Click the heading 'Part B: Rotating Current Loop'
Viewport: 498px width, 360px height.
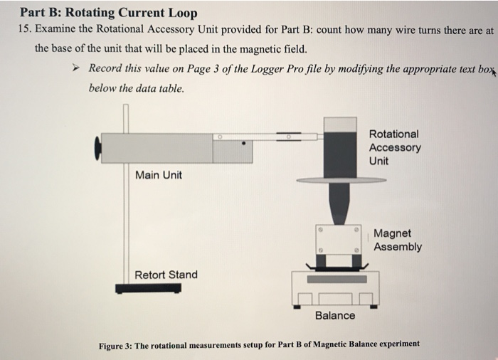click(x=108, y=13)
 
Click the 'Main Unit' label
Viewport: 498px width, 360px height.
click(x=158, y=174)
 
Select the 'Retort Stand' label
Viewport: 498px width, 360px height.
click(x=166, y=275)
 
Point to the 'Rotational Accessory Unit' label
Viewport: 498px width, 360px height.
click(x=394, y=147)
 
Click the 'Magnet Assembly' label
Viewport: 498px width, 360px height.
click(x=397, y=240)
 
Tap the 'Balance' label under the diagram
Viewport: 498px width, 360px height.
click(x=334, y=315)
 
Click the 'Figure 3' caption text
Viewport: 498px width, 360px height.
click(x=259, y=344)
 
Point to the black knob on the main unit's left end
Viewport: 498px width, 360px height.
click(x=97, y=147)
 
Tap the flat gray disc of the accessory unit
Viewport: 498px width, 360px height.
click(x=339, y=180)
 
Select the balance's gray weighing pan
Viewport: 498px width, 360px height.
click(x=337, y=278)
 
